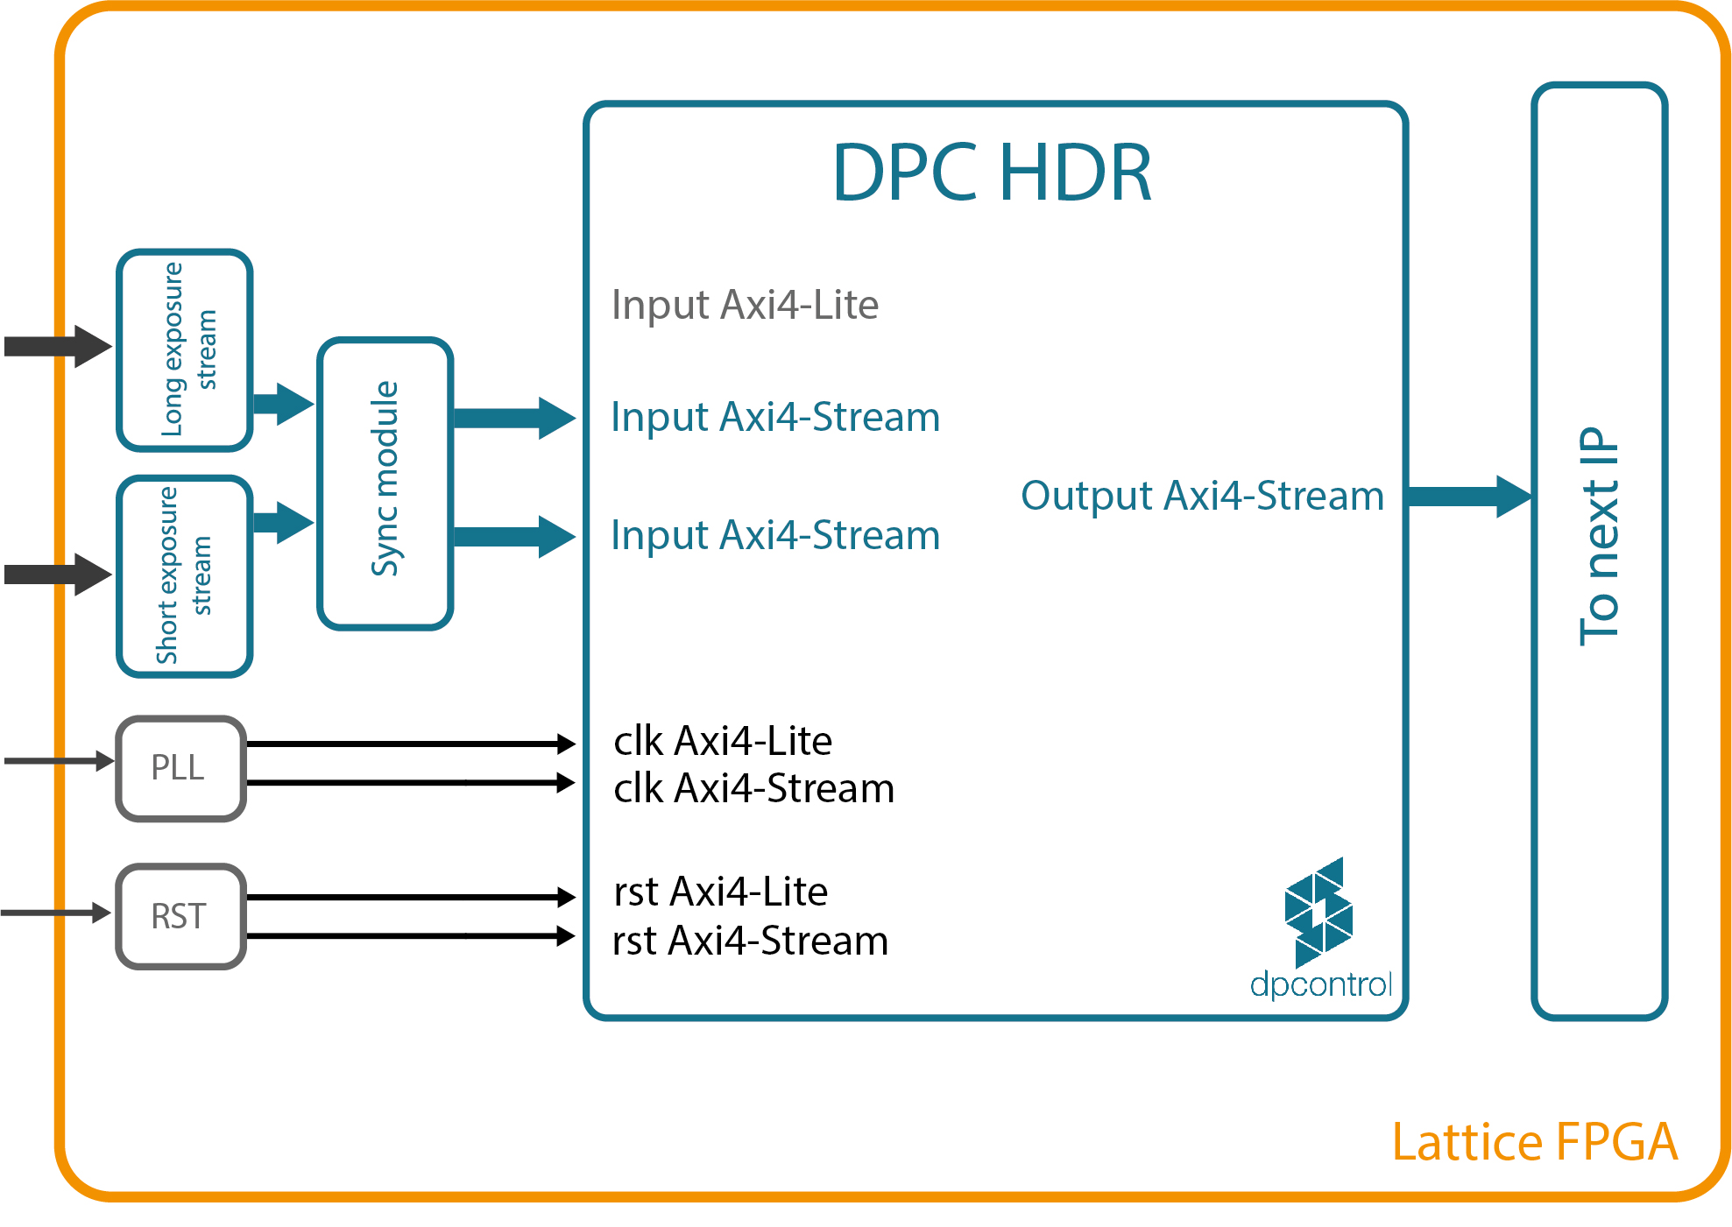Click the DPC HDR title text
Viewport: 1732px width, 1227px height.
(992, 173)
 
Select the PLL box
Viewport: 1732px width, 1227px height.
(180, 768)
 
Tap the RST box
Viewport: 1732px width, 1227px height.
(180, 916)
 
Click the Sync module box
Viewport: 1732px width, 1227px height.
(385, 483)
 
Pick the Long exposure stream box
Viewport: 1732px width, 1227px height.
(185, 350)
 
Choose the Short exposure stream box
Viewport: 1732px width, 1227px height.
(185, 576)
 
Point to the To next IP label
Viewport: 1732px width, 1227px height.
(1599, 536)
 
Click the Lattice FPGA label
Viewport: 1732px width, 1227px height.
(1534, 1142)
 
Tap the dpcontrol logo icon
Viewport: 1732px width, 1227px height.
(1318, 912)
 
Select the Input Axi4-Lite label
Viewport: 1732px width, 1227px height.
(745, 305)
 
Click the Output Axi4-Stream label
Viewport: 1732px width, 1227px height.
(1202, 496)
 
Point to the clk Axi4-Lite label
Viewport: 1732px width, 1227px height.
(723, 741)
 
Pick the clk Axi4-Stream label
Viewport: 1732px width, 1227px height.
(753, 788)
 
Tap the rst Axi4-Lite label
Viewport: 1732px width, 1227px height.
(721, 892)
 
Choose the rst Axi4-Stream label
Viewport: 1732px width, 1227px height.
(751, 941)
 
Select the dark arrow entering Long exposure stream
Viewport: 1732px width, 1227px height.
(58, 346)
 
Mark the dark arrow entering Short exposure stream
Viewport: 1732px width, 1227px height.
(58, 575)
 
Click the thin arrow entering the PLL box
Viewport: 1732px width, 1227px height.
(58, 760)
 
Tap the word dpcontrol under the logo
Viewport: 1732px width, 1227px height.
(1320, 984)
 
